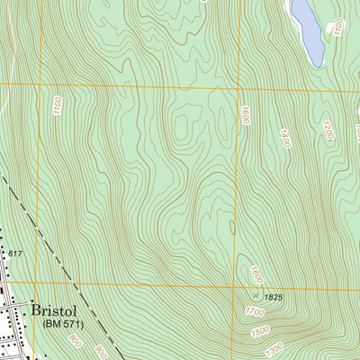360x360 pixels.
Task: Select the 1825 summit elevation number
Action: (274, 296)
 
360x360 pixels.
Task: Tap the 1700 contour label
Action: (256, 312)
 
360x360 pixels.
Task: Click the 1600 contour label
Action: (243, 115)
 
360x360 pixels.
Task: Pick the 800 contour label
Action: (74, 343)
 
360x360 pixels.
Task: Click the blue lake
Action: (308, 29)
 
